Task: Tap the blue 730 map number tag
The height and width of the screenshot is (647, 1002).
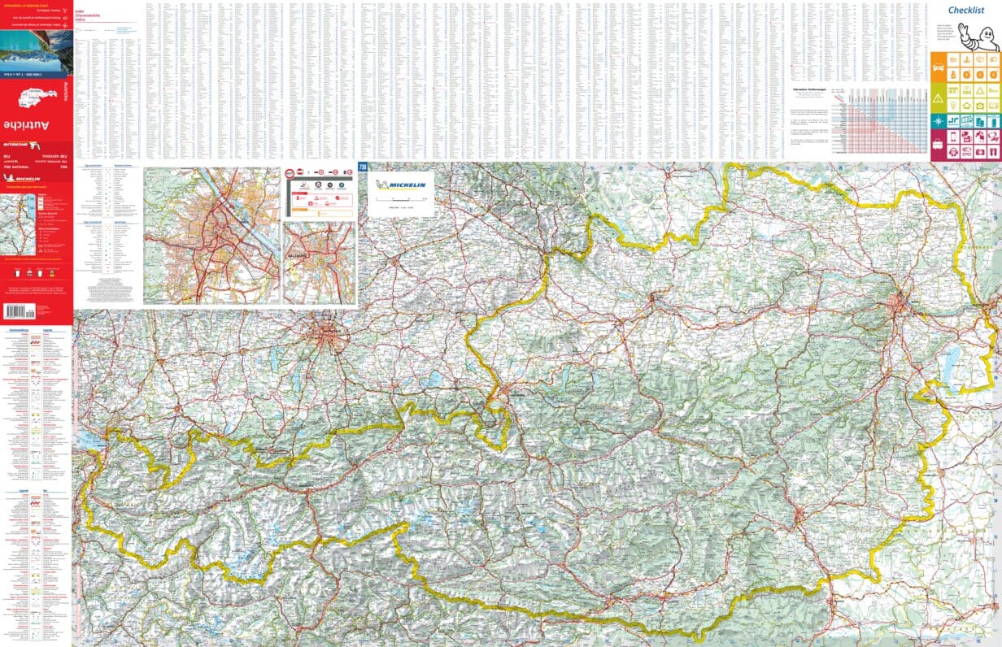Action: pos(363,167)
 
